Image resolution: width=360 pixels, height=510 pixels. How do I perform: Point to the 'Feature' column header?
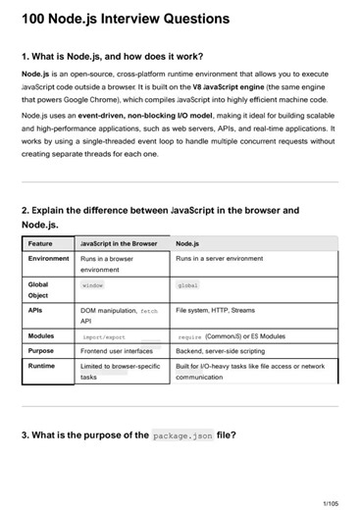pos(41,243)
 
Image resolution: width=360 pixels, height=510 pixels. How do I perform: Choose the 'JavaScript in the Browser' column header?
pos(119,243)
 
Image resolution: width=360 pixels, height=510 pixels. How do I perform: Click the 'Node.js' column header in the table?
pos(188,243)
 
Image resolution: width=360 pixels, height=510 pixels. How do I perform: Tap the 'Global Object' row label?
pos(39,290)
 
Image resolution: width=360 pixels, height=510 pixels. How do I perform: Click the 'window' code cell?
pos(92,285)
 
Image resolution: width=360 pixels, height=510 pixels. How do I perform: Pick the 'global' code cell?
pos(187,285)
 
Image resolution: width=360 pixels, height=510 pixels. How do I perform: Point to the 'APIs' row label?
pos(36,310)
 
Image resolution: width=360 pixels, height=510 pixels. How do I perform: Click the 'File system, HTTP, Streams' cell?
pos(215,310)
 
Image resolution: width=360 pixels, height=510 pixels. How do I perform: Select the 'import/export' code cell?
pos(103,336)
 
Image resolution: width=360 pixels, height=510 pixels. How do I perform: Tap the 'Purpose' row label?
pos(41,350)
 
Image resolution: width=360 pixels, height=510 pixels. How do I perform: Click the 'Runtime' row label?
pos(42,366)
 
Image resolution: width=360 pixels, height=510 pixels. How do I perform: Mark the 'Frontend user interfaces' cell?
pos(117,350)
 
